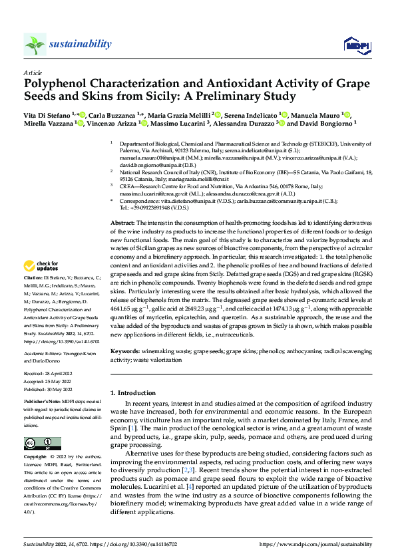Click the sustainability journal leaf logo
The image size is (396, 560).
click(35, 44)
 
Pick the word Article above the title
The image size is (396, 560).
click(33, 72)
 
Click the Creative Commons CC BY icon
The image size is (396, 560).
click(43, 444)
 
